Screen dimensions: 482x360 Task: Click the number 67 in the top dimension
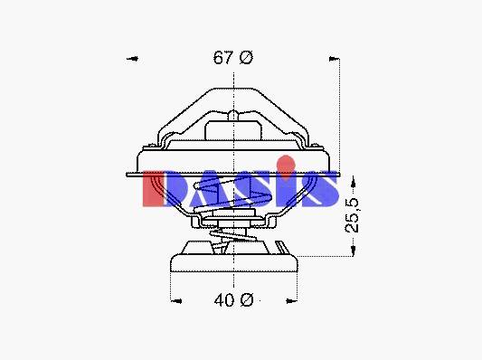222,58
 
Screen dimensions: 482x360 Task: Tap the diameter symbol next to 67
246,58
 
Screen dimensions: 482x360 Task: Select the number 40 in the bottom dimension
224,300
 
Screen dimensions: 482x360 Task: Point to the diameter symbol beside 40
247,300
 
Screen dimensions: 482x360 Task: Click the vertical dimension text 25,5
352,215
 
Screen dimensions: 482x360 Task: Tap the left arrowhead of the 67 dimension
133,59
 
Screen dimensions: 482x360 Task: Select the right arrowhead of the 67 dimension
334,59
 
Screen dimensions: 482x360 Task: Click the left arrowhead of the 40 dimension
176,301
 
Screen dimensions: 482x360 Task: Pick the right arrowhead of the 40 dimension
291,300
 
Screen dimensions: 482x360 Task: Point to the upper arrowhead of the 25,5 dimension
353,183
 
